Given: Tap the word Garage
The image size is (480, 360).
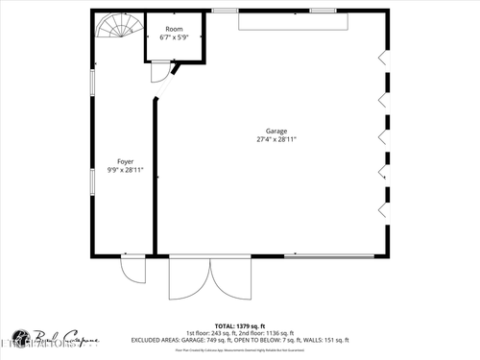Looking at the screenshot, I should click(x=276, y=132).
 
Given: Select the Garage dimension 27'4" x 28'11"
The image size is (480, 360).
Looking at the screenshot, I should click(x=276, y=140).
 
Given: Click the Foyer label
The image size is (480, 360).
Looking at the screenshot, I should click(x=125, y=161).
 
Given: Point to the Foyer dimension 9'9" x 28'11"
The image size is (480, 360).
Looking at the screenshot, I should click(x=125, y=170).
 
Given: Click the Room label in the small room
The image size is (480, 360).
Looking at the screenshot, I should click(x=174, y=29).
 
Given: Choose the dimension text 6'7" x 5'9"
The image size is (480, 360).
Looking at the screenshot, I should click(x=174, y=37).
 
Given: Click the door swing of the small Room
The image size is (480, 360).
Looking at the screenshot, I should click(x=166, y=75).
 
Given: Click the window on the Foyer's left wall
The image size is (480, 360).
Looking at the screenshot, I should click(x=92, y=82).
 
